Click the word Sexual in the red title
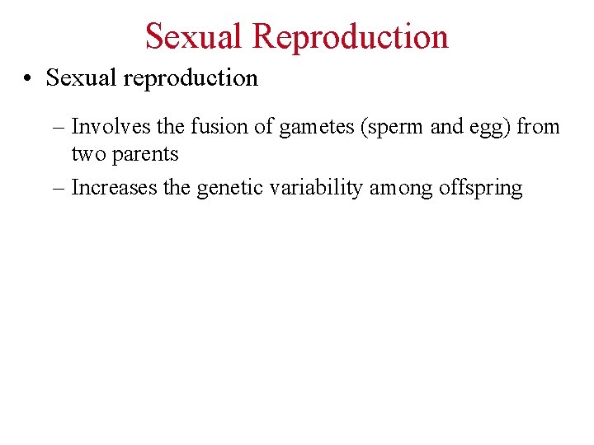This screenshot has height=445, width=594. pos(194,36)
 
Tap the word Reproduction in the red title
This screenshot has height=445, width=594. pos(351,36)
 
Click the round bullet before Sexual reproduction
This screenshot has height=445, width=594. pos(29,78)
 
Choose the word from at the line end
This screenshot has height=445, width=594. pos(539,127)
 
